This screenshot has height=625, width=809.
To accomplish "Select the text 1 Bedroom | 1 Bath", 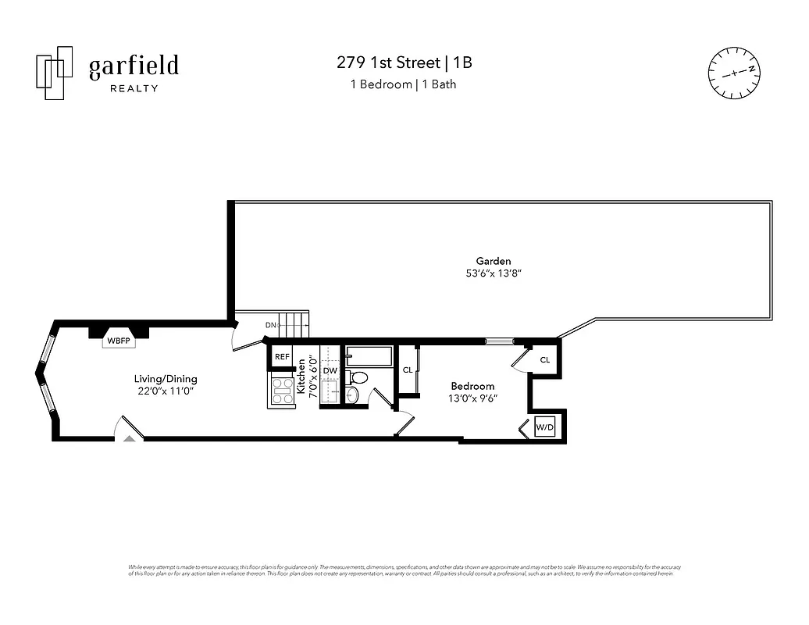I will pos(403,84).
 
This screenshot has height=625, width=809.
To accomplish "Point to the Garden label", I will pos(494,261).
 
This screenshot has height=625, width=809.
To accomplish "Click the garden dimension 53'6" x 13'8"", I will pos(494,274).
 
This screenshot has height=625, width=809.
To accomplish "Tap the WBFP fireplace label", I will pos(119,341).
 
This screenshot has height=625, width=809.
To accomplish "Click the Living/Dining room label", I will pos(164,379).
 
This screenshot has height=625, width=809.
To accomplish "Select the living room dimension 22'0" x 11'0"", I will pos(164,391).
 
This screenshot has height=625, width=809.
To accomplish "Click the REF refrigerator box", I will pos(282,357).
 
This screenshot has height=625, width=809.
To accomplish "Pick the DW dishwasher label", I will pos(330,370).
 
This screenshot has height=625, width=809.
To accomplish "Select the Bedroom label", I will pos(472,386).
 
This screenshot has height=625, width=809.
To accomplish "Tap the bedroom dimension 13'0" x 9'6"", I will pos(472,398).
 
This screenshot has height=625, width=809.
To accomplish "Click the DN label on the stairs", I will pos(270,325).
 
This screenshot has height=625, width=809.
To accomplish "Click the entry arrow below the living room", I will pos(130,439).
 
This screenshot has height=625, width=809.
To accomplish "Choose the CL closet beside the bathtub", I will pos(408,370).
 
